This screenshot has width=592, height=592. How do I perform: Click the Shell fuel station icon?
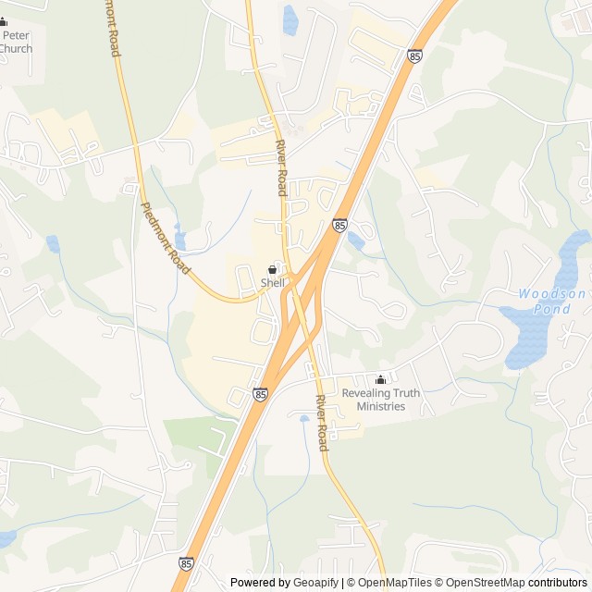coord(272,269)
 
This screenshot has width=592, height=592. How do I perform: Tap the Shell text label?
coord(272,283)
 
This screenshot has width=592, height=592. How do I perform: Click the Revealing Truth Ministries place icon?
coord(380,379)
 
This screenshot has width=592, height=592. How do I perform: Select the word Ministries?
coord(380,406)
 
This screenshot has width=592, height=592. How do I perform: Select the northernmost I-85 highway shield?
coord(413,57)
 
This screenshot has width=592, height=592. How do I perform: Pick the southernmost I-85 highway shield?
coord(187,563)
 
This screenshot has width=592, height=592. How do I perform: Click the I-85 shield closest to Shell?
coord(340,225)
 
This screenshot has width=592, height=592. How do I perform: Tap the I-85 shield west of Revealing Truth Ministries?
coord(260,394)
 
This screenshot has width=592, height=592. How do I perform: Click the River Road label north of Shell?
coord(281,168)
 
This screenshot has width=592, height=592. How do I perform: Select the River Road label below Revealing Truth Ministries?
coord(321,423)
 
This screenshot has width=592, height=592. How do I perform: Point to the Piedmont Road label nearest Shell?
coord(165,239)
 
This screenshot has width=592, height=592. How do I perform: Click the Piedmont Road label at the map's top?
coord(115,28)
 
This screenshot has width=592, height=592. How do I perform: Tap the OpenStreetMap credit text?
coord(487,583)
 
